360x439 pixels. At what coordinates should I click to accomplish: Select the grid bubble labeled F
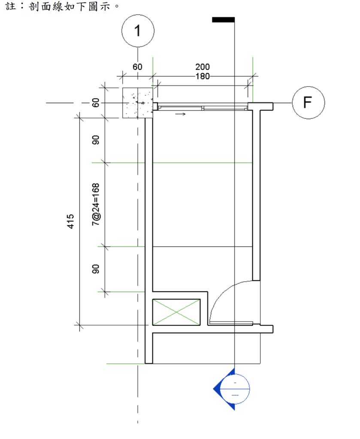pyautogui.click(x=308, y=103)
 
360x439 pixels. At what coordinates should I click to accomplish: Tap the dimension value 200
pyautogui.click(x=203, y=67)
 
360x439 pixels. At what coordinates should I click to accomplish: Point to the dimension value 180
pyautogui.click(x=203, y=76)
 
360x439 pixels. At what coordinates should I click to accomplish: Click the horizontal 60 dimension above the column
pyautogui.click(x=137, y=67)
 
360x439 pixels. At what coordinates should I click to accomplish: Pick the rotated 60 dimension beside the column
pyautogui.click(x=96, y=103)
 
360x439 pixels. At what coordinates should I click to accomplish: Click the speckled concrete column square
pyautogui.click(x=137, y=103)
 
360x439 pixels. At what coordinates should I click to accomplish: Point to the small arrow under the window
pyautogui.click(x=181, y=114)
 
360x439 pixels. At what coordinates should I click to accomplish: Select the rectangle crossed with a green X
pyautogui.click(x=176, y=312)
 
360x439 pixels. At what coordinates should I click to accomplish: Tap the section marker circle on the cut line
pyautogui.click(x=235, y=388)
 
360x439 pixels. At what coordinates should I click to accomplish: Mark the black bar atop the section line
pyautogui.click(x=223, y=19)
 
